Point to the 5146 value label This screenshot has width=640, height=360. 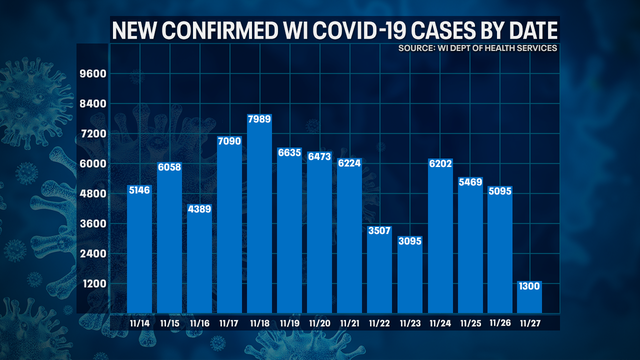click(140, 191)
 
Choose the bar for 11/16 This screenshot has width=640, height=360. click(200, 260)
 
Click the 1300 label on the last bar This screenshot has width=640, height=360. click(529, 287)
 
